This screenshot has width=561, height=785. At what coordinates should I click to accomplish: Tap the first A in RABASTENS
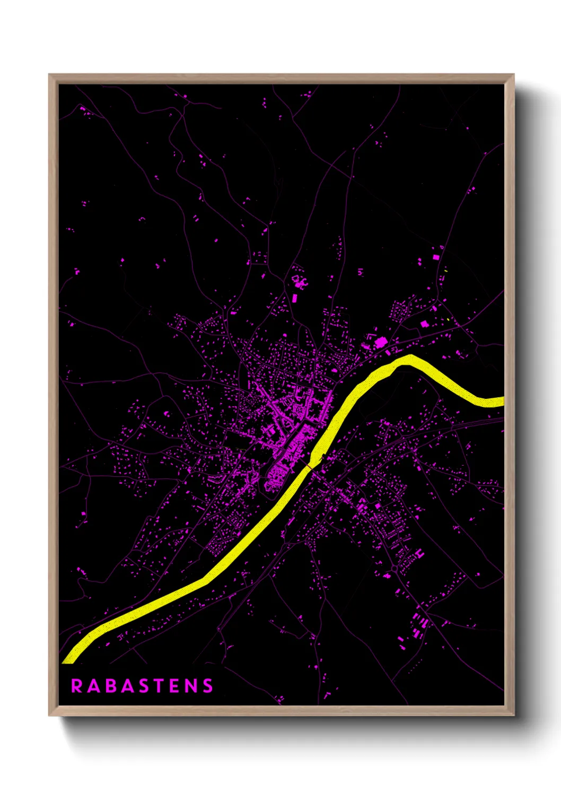click(94, 686)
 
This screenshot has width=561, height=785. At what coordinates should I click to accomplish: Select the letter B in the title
click(111, 686)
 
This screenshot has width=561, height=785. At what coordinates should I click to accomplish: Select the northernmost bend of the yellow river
click(409, 359)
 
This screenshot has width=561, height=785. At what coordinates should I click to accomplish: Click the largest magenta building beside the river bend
click(380, 343)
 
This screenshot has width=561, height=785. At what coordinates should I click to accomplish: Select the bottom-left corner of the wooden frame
click(50, 714)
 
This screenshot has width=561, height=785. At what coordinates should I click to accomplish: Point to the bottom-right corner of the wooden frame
click(513, 714)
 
